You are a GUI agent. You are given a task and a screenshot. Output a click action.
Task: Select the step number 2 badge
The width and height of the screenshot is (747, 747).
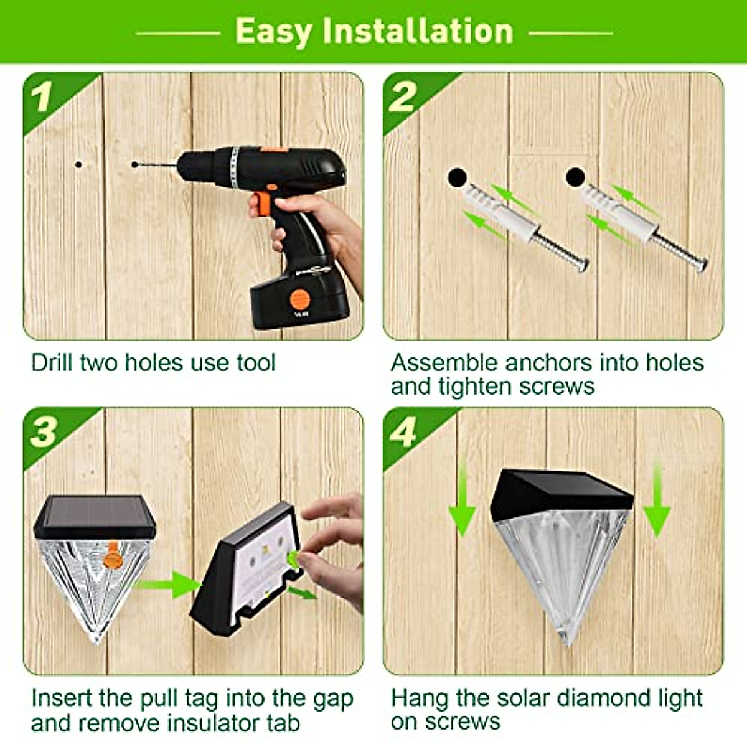click(403, 97)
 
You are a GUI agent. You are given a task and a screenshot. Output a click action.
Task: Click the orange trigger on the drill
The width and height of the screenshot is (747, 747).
click(264, 203)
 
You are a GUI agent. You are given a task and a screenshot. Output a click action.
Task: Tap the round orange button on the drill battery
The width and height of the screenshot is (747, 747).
click(300, 299)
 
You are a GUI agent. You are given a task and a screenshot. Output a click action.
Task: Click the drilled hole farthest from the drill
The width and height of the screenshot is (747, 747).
click(78, 165)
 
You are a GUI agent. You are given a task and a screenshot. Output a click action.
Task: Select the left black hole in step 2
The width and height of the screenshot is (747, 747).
click(457, 178)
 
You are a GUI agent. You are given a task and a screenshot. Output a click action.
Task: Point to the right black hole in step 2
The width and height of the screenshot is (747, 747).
click(575, 177)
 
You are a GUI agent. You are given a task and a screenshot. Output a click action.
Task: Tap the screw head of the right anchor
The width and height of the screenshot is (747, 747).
click(702, 266)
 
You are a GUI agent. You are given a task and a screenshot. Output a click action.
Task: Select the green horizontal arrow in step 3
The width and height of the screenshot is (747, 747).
click(167, 585)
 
